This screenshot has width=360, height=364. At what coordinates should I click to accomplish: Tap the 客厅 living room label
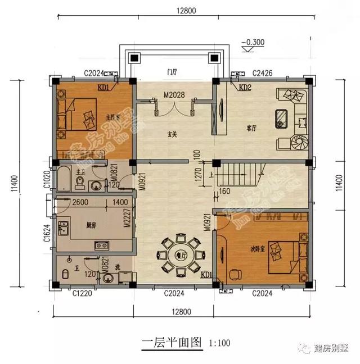pos(251,128)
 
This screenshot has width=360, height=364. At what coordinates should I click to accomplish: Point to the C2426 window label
pos(263,73)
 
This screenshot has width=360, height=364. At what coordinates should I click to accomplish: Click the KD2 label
pos(245,88)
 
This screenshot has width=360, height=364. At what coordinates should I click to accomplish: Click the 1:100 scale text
pos(219,342)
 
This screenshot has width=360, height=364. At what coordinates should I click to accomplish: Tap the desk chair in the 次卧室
pos(235,274)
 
